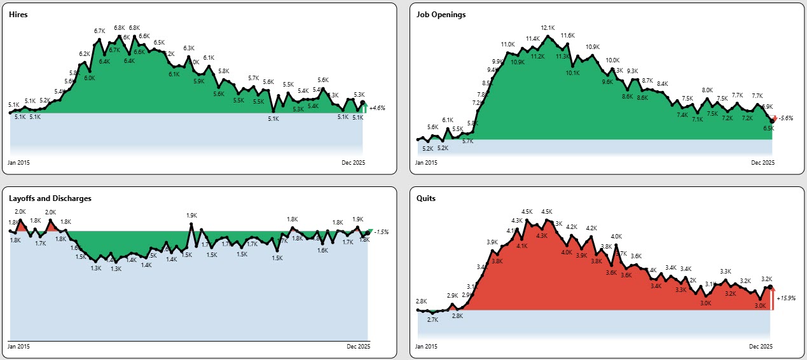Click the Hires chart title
(x=18, y=15)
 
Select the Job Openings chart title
(x=441, y=15)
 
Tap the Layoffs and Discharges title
(x=50, y=198)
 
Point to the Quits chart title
(x=426, y=198)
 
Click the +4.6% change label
(x=378, y=109)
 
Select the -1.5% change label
(x=382, y=232)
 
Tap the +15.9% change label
(x=786, y=298)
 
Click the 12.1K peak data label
(x=548, y=28)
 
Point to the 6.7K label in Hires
(x=99, y=31)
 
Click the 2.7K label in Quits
(x=432, y=320)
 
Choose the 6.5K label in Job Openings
(x=768, y=128)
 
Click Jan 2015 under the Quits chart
(x=427, y=347)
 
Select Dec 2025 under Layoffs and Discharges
(x=358, y=347)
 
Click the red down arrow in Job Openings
(x=775, y=118)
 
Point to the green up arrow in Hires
(x=364, y=109)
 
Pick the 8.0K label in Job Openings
(x=707, y=90)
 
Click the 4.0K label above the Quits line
(x=616, y=237)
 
